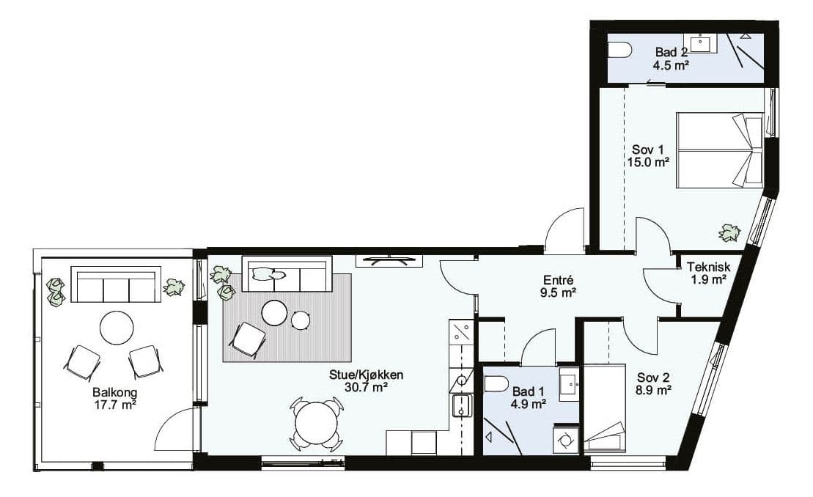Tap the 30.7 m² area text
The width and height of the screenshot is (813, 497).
[367, 386]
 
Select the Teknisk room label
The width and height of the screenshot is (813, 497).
[709, 267]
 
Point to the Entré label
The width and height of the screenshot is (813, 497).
[555, 280]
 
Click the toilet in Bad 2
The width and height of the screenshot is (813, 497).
[620, 51]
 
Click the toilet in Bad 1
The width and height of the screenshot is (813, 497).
[497, 385]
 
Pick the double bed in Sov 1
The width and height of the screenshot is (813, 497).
[720, 150]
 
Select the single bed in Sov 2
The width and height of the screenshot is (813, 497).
[605, 408]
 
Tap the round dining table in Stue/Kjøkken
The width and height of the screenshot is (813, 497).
[316, 423]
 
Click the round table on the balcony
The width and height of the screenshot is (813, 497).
[117, 327]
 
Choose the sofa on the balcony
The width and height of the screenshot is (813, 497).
[116, 284]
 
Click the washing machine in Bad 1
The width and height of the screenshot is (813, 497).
[566, 438]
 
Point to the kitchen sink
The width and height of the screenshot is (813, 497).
[461, 405]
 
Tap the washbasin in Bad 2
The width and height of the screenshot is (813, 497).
[701, 43]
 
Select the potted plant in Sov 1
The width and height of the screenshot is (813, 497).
[729, 233]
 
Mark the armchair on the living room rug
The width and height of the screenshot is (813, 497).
[247, 340]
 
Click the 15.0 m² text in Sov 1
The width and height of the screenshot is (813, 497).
[647, 162]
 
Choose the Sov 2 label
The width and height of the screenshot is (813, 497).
[654, 378]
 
